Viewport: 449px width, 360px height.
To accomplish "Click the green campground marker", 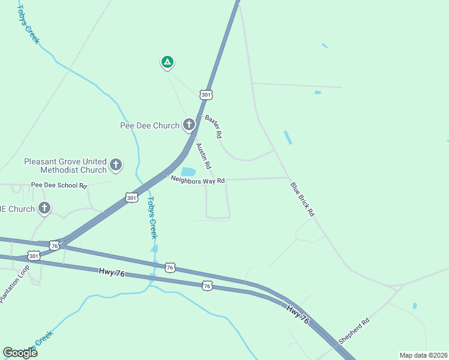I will [x=167, y=62].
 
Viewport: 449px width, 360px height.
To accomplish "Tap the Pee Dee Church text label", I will [x=149, y=125].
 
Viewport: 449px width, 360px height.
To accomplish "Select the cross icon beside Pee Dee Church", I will [x=189, y=125].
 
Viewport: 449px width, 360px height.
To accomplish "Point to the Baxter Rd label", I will [x=214, y=125].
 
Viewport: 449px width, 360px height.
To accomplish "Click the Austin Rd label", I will [x=203, y=155].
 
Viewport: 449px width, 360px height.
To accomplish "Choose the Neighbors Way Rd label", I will [x=197, y=180].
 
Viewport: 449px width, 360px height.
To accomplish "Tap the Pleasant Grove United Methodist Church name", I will [x=65, y=166].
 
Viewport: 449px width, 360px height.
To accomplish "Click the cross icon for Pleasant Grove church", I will [x=116, y=164].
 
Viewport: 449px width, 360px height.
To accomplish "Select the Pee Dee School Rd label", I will [x=59, y=185].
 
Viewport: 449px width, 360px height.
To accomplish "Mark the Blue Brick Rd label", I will [x=303, y=199].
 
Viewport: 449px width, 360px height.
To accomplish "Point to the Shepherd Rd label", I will [x=354, y=331].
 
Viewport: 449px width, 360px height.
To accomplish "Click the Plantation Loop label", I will [x=14, y=284].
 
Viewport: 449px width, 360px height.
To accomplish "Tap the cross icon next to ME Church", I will [x=44, y=209].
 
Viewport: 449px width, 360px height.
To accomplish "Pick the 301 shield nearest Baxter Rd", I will [x=206, y=95].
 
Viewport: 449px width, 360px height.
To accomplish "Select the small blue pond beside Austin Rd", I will [x=188, y=172].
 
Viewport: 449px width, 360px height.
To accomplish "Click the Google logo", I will [x=20, y=353].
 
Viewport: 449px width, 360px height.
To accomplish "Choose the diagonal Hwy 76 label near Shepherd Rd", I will [x=298, y=315].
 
